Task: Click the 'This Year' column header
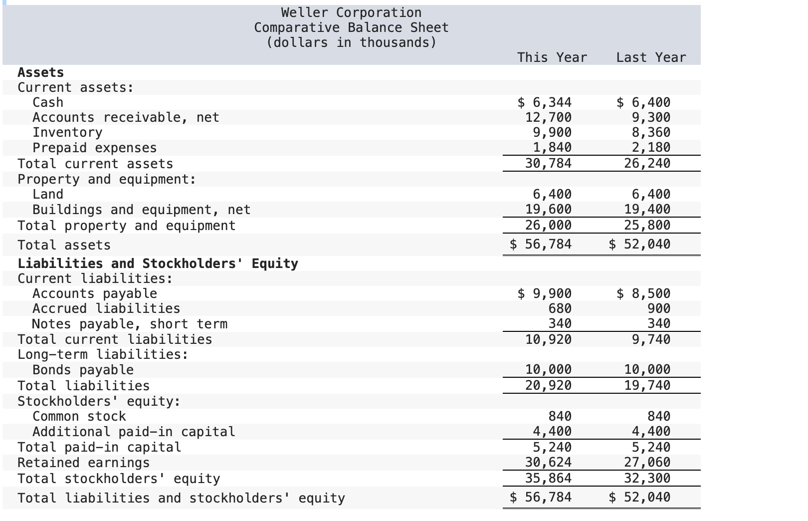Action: click(552, 57)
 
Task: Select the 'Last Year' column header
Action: click(651, 57)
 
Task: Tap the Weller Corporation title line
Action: click(351, 12)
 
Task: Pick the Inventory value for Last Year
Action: click(647, 132)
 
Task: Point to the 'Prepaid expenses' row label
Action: click(94, 148)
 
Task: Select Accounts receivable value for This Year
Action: click(549, 117)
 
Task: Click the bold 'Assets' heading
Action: click(41, 72)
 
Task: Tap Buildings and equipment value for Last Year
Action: click(647, 209)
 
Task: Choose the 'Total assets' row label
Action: click(64, 245)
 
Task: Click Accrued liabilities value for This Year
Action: click(560, 308)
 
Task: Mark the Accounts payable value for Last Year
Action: click(643, 293)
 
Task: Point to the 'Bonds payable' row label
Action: click(83, 370)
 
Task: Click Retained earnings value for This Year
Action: click(549, 462)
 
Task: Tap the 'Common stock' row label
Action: click(79, 416)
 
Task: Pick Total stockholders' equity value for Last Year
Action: click(647, 478)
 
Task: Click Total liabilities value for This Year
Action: click(549, 385)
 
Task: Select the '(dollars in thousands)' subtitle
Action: click(351, 42)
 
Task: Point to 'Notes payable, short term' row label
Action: click(129, 324)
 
